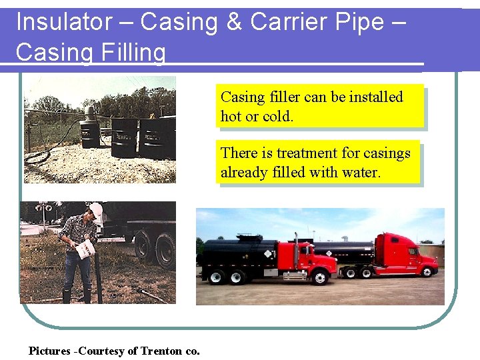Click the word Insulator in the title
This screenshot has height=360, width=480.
[x=64, y=22]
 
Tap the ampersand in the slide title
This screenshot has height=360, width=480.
[x=234, y=22]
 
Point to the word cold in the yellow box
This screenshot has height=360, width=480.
[x=277, y=116]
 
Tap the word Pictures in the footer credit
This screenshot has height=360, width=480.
[x=51, y=351]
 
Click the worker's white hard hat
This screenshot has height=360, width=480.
[x=97, y=209]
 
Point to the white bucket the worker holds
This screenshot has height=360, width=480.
[x=85, y=249]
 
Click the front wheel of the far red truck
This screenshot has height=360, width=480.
[x=425, y=270]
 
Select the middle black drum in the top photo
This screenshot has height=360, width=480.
[x=124, y=137]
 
